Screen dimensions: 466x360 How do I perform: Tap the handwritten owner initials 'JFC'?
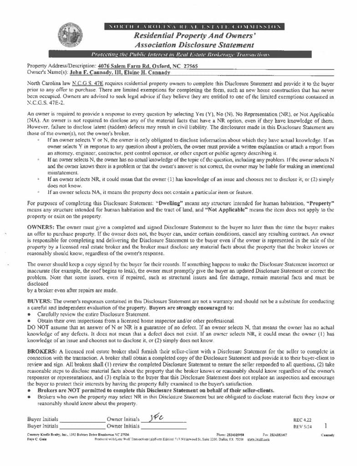155,418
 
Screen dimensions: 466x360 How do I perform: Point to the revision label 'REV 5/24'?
302,426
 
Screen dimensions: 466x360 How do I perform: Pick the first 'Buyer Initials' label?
43,419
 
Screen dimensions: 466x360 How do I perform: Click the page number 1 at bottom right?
326,425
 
